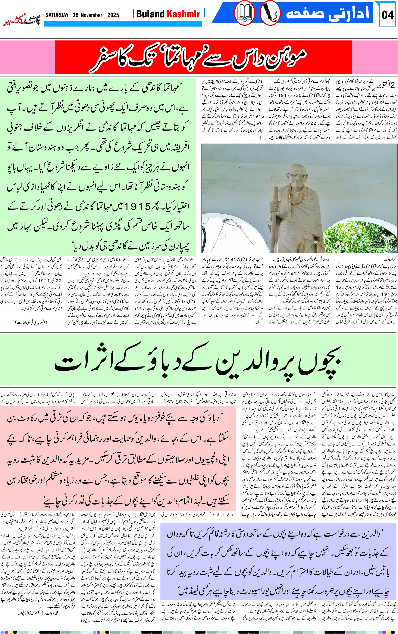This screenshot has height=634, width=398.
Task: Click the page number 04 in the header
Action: [x=388, y=15]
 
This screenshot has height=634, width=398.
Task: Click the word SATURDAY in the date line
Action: [x=57, y=15]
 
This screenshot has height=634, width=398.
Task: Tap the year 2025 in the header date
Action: [x=113, y=15]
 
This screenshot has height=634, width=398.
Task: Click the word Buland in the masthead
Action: [x=150, y=14]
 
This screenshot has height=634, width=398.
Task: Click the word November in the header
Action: [x=91, y=15]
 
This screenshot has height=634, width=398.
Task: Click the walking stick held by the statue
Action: [x=275, y=211]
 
